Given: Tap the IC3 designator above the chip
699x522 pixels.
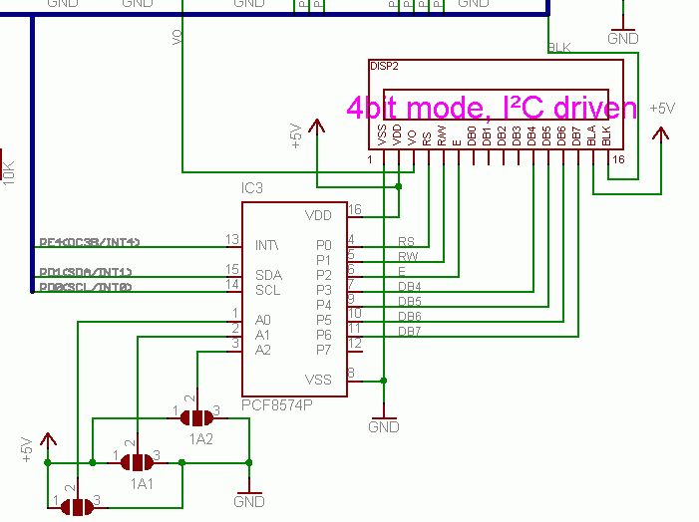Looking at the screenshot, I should (x=253, y=189).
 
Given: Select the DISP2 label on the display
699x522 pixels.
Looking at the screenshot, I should (x=384, y=68).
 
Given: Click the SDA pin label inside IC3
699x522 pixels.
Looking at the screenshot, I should (x=267, y=275).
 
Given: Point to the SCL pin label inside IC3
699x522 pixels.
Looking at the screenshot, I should (x=267, y=290).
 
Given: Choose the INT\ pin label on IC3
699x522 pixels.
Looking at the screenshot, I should (x=267, y=245).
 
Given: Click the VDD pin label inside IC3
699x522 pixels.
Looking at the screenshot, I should (x=318, y=215).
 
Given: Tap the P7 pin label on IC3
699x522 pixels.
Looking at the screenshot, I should (x=322, y=350).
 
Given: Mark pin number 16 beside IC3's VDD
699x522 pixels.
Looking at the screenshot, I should (x=353, y=209).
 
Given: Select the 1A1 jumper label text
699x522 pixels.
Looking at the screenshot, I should (x=141, y=484).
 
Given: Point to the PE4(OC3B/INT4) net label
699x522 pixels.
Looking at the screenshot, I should (x=90, y=242).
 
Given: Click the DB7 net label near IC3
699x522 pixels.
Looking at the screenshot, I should (x=409, y=331).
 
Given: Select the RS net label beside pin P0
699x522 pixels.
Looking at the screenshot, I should (x=406, y=241).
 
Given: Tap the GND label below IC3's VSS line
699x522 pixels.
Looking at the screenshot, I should (x=384, y=427).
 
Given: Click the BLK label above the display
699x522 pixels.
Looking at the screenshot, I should (x=560, y=48).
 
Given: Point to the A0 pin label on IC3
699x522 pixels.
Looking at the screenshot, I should (x=263, y=320).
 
